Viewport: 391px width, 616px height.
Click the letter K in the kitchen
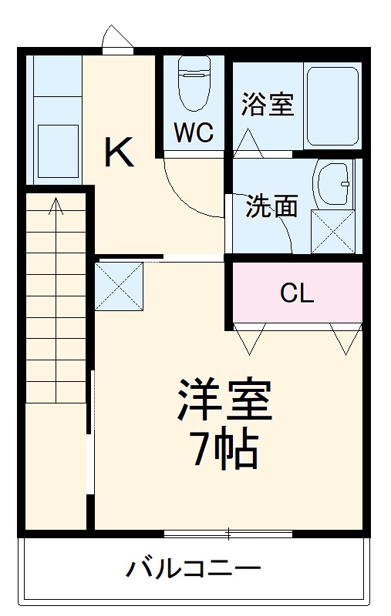pos(120,152)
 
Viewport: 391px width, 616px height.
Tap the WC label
pos(193,132)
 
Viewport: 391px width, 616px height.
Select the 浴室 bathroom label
pos(268,104)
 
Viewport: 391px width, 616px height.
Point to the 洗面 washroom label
pos(272,206)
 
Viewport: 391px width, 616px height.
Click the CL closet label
pos(297,293)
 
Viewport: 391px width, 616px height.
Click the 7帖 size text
pos(224,450)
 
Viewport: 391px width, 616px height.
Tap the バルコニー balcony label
pos(194,570)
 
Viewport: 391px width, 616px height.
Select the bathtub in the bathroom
pos(332,106)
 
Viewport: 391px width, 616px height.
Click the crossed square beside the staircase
pos(120,286)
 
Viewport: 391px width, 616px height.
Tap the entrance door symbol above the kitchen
pos(116,39)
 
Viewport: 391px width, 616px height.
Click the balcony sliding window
pos(228,533)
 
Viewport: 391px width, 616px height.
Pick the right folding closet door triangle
pos(345,339)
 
